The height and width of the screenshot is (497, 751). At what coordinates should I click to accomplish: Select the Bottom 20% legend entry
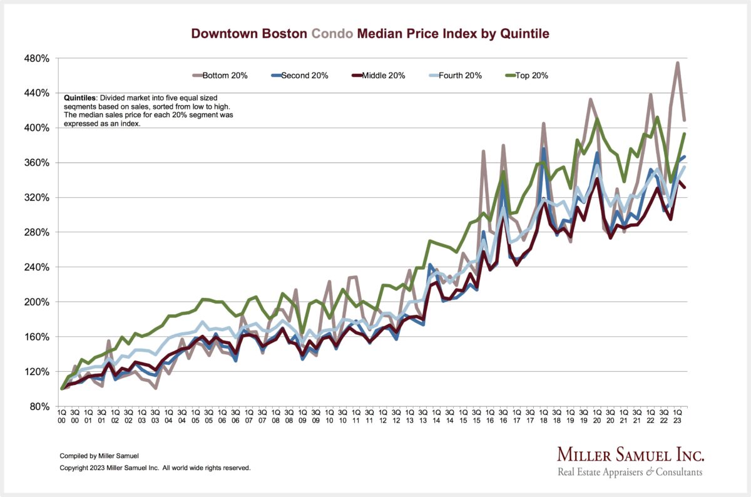(220, 76)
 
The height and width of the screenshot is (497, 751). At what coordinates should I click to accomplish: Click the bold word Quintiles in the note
(80, 98)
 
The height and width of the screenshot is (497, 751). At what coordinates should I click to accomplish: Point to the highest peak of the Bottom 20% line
(678, 63)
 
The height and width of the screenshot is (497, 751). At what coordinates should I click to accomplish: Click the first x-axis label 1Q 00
(62, 416)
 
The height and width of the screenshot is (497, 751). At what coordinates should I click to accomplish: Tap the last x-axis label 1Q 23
(678, 416)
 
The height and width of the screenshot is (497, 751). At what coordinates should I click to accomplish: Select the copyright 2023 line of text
(155, 468)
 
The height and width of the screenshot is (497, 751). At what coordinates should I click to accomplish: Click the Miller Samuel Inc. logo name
(630, 454)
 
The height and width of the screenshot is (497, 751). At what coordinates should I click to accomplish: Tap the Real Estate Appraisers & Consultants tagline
(630, 472)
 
